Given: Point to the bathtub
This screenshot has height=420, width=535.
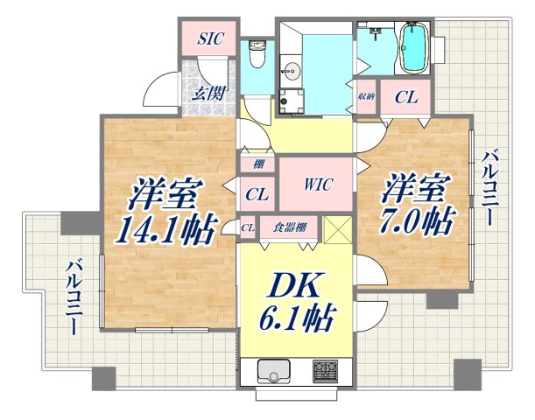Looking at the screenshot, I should coord(412,47).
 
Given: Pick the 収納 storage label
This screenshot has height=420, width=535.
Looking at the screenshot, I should coord(366,98).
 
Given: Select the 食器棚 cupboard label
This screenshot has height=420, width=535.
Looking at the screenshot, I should coord(288,227).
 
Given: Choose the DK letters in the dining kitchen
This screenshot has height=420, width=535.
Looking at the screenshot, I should coord(294,285).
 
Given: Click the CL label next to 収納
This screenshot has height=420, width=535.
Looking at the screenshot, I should coord(405,98).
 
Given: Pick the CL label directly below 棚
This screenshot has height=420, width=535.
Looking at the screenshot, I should coord(257,193).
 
